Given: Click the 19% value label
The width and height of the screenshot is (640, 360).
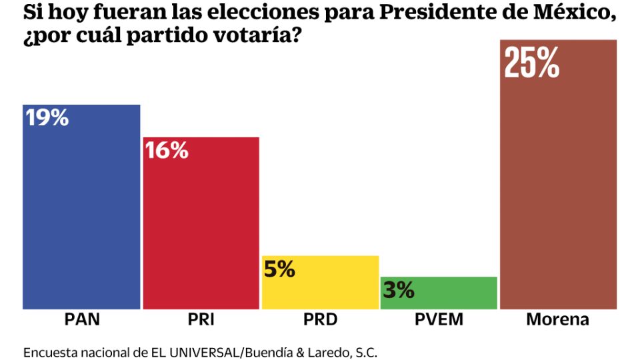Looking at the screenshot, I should [x=47, y=118].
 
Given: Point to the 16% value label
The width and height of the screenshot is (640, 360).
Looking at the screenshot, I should [x=166, y=151].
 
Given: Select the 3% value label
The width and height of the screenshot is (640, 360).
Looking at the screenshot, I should [x=398, y=290].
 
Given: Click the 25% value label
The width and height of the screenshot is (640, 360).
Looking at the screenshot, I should [x=531, y=62].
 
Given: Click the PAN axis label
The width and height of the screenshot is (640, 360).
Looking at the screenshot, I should [x=82, y=319].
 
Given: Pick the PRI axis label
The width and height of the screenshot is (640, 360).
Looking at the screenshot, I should [x=201, y=319].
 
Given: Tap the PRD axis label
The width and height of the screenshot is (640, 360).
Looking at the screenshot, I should [x=320, y=319].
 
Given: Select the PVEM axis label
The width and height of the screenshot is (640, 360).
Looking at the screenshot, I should [x=439, y=319].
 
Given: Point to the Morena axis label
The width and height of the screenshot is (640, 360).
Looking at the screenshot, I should [x=558, y=319].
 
